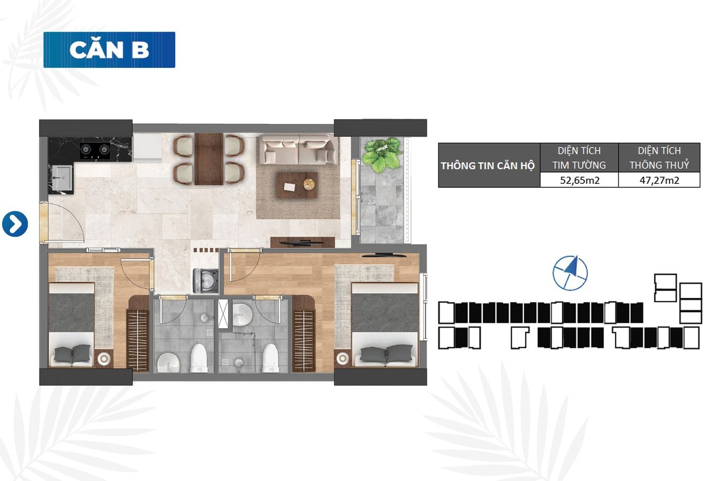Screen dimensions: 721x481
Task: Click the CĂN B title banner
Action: pyautogui.click(x=109, y=50)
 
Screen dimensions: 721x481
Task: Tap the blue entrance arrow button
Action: pyautogui.click(x=15, y=224)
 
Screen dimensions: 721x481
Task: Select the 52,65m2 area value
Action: pyautogui.click(x=579, y=180)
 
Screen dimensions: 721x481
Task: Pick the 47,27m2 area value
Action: pyautogui.click(x=659, y=180)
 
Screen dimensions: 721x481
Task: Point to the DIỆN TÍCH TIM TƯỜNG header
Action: pyautogui.click(x=579, y=158)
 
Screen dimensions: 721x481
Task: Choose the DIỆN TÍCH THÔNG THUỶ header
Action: pyautogui.click(x=659, y=158)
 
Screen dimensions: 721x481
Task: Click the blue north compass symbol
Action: pyautogui.click(x=570, y=273)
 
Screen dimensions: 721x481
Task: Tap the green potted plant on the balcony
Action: pyautogui.click(x=382, y=154)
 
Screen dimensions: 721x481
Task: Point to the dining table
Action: pyautogui.click(x=209, y=159)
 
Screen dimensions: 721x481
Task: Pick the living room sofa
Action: pyautogui.click(x=299, y=150)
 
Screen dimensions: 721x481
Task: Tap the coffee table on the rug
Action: pyautogui.click(x=297, y=185)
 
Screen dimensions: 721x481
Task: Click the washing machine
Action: pyautogui.click(x=206, y=281)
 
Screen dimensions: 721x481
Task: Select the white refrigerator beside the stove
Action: pyautogui.click(x=147, y=148)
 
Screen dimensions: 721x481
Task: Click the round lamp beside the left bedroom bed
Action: pyautogui.click(x=104, y=358)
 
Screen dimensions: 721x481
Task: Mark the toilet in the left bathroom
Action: pyautogui.click(x=198, y=358)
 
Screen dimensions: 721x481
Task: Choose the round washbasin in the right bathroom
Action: pyautogui.click(x=242, y=314)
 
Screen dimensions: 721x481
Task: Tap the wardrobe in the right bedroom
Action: pyautogui.click(x=303, y=340)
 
